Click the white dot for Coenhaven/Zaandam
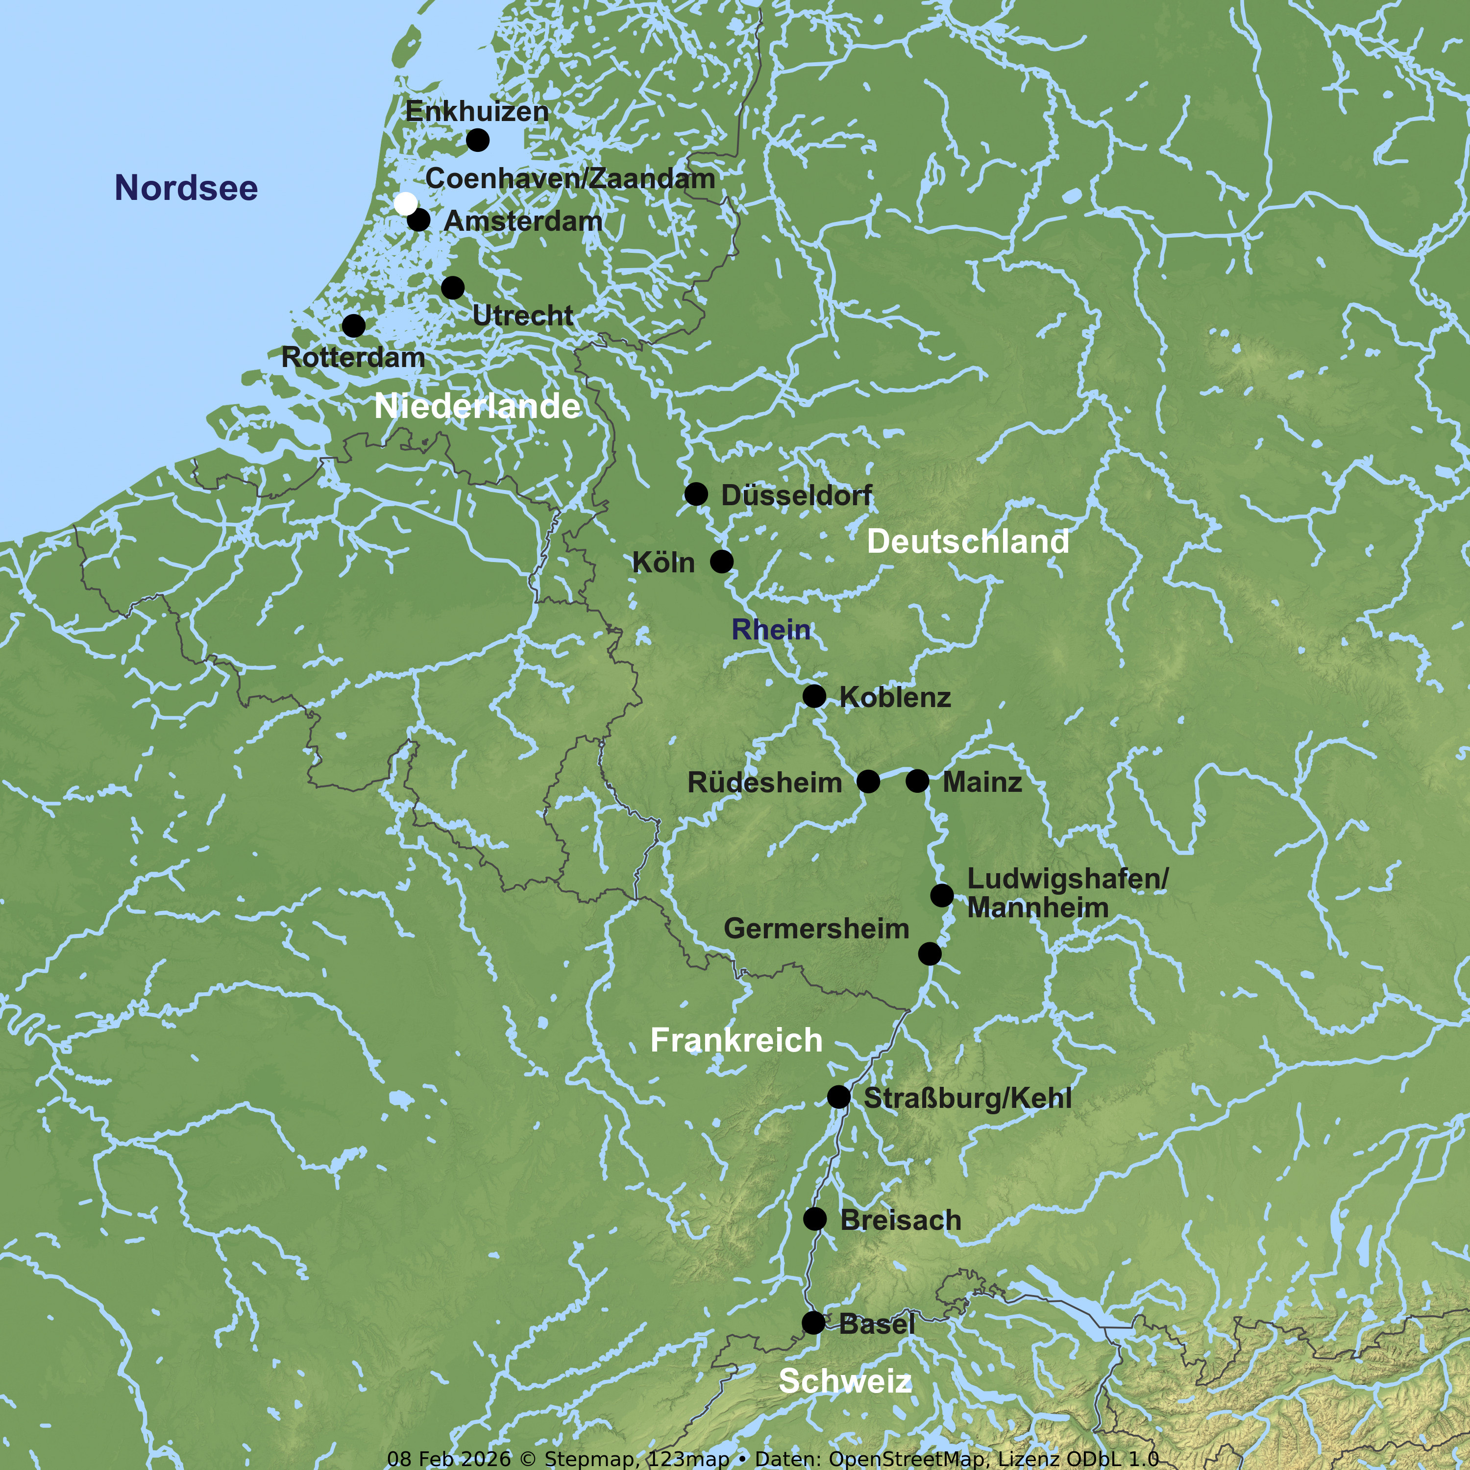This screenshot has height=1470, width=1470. (406, 204)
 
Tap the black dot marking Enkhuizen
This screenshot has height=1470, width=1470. (477, 140)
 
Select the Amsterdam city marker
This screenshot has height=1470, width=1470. (418, 220)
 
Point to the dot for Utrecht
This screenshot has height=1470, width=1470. (453, 288)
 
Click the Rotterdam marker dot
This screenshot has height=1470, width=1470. (353, 326)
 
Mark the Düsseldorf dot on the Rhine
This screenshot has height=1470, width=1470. (695, 494)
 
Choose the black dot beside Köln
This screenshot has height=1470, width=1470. (721, 562)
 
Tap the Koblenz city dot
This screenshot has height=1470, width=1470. (814, 695)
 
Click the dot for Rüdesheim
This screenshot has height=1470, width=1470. (868, 781)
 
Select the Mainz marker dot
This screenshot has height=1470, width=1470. (918, 781)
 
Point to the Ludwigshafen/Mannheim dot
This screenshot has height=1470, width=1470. (942, 895)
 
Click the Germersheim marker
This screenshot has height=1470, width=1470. (930, 954)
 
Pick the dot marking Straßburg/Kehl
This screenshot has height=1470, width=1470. (838, 1097)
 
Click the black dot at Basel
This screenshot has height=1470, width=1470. (813, 1323)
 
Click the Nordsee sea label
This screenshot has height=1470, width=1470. (186, 188)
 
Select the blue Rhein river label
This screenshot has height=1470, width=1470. (771, 630)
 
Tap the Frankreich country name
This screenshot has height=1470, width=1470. (736, 1040)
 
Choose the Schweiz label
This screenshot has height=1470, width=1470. (845, 1381)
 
